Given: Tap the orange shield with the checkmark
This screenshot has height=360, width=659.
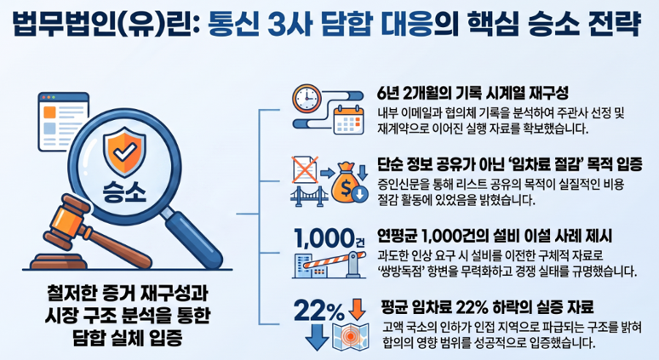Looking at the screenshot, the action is (124, 151).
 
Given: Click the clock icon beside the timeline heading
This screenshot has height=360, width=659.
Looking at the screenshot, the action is (307, 98).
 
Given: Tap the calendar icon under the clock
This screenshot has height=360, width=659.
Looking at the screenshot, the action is (348, 120).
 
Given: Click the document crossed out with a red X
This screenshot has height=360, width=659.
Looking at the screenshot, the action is (305, 169).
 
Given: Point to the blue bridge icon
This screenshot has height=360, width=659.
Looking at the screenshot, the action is (309, 197).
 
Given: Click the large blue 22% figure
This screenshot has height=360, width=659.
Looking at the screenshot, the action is (319, 311).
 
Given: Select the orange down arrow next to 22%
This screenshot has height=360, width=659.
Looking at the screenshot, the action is (357, 309).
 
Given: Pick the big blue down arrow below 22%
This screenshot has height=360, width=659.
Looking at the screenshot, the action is (317, 337).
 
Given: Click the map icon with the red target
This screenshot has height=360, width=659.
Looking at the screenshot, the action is (351, 336).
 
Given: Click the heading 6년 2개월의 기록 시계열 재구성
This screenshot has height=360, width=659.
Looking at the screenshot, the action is (473, 93).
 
